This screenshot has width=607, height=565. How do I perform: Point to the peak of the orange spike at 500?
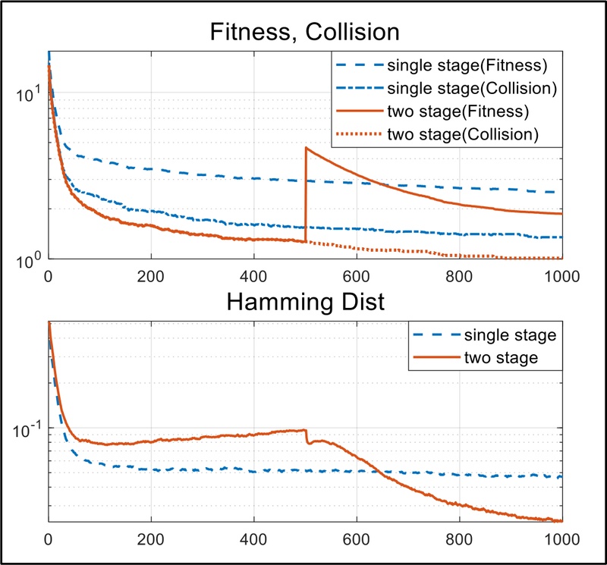coord(306,147)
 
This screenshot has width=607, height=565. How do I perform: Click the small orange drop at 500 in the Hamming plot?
coord(306,437)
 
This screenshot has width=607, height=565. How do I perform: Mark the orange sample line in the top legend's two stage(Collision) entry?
coord(358,136)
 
